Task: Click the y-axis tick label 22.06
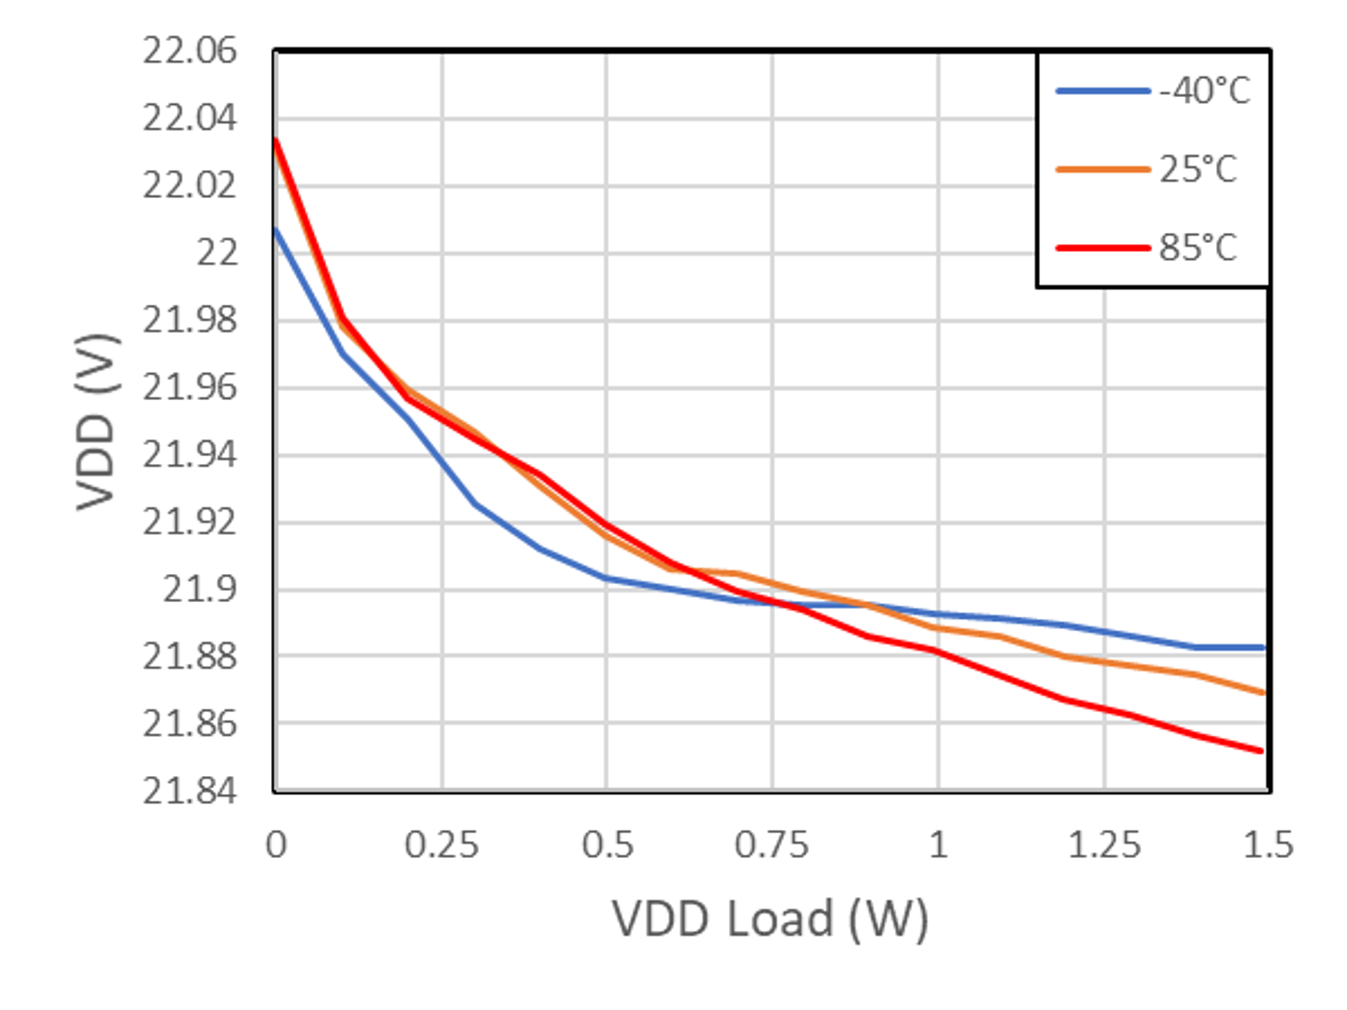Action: click(189, 51)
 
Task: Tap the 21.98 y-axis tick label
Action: click(189, 320)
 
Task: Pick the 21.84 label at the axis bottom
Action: click(189, 791)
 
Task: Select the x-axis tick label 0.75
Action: click(772, 845)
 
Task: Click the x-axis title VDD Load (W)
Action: click(770, 919)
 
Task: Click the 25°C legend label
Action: click(1198, 169)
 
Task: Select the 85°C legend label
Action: click(1198, 248)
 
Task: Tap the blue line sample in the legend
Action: click(1103, 91)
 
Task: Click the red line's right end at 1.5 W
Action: click(1262, 751)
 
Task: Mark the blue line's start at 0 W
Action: click(276, 230)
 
